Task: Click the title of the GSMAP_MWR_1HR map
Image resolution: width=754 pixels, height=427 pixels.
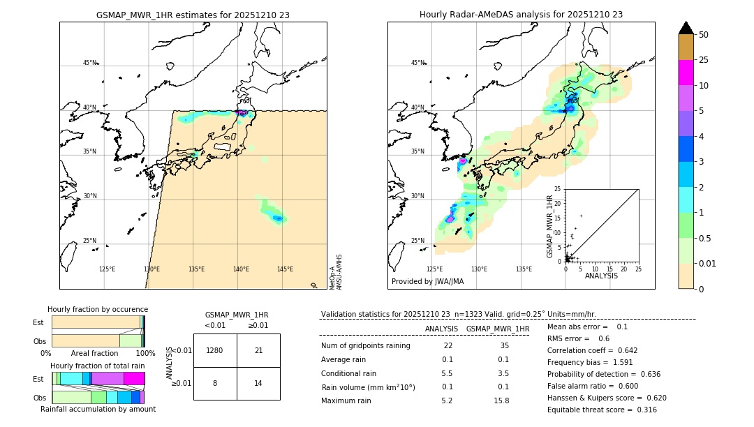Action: [193, 15]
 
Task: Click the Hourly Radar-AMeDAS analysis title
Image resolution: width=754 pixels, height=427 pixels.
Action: [521, 15]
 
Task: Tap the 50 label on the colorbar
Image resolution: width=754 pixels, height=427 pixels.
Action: [704, 35]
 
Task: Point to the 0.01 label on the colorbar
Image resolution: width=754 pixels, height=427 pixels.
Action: [707, 263]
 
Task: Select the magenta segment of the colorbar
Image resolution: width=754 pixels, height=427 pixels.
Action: [686, 73]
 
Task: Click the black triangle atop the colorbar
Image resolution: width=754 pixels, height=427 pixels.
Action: [686, 28]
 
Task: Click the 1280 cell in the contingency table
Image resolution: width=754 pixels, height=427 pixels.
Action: [215, 350]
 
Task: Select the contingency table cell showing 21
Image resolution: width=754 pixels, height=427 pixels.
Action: [258, 350]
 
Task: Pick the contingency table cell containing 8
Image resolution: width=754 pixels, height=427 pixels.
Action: [215, 383]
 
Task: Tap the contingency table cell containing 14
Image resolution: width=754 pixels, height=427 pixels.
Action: [258, 383]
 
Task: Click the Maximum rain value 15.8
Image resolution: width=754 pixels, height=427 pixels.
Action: [501, 400]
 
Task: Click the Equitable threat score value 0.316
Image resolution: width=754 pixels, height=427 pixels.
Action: [642, 410]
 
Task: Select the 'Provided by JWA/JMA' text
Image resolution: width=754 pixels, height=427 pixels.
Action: [427, 282]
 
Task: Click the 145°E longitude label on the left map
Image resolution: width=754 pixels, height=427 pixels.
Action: [285, 269]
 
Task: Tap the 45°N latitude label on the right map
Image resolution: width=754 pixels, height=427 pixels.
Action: [417, 63]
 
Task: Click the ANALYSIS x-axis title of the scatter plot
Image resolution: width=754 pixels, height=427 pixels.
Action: [601, 276]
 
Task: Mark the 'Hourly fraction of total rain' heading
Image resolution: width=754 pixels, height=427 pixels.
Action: [98, 366]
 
